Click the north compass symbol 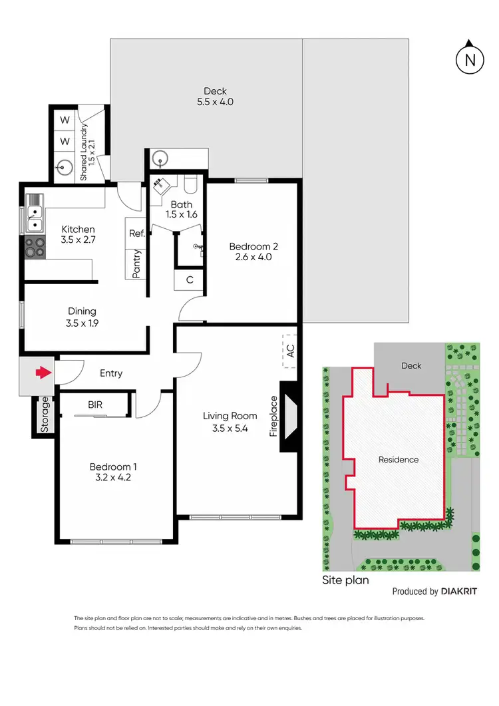470,60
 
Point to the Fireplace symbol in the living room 290,417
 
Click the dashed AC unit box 289,350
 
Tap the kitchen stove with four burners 35,247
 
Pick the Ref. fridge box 136,234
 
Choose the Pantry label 136,264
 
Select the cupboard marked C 189,279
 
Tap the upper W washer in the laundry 65,121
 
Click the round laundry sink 65,166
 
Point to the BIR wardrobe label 95,404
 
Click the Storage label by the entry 45,415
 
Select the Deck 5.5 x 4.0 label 215,96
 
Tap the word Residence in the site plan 399,460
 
